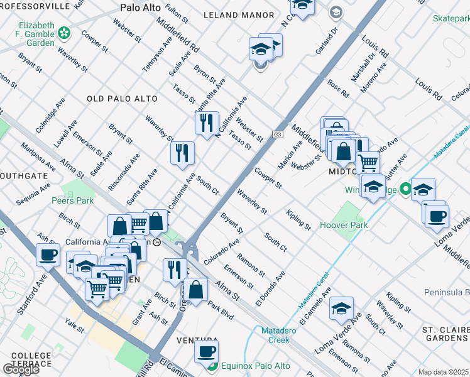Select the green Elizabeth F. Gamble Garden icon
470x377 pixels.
63,32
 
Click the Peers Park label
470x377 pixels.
72,200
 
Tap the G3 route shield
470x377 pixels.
277,134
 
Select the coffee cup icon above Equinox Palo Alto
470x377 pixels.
205,352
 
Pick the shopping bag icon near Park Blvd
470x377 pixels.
196,290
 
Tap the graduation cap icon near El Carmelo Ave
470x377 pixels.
341,308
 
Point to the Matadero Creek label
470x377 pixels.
271,335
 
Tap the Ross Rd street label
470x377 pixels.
337,89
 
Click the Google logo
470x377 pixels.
21,369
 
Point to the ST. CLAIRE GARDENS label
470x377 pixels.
445,334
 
